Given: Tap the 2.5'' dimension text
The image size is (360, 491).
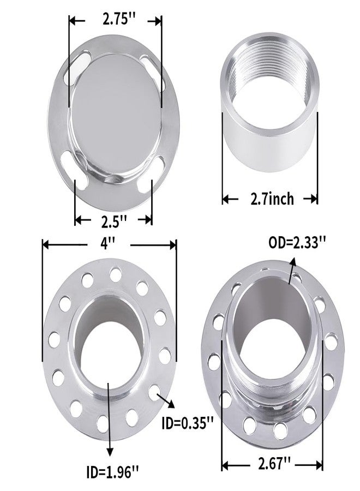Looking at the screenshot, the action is [114, 221].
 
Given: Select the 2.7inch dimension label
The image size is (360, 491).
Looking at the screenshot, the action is [272, 199].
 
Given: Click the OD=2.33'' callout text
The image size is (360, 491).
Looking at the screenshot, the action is [297, 243].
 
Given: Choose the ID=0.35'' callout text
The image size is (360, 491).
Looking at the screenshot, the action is [188, 424].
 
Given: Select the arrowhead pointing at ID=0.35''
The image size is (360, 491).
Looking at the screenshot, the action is [171, 404].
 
